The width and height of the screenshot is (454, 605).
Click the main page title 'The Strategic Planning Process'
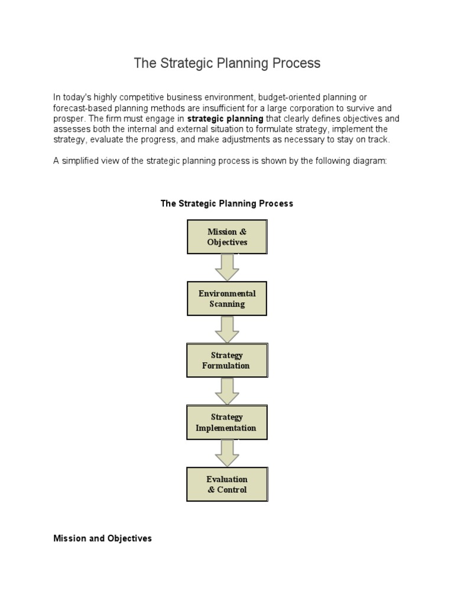(227, 63)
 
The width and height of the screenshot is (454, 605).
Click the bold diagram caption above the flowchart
(227, 203)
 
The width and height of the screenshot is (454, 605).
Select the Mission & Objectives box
(227, 237)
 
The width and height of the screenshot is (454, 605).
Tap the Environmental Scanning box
(227, 298)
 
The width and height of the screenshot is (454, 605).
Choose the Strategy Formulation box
(227, 360)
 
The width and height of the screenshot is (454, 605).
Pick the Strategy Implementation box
(227, 422)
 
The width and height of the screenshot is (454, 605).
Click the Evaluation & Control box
(227, 484)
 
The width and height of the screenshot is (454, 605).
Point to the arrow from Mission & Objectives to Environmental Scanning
(227, 268)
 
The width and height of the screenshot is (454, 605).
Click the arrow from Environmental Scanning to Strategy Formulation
(227, 330)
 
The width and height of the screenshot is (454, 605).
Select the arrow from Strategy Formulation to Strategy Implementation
(227, 391)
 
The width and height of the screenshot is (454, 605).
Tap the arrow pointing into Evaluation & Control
(227, 453)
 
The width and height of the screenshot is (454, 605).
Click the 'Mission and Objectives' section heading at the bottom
(102, 538)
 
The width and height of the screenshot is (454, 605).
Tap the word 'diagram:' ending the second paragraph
(371, 161)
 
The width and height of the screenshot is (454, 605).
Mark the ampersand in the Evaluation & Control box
(211, 490)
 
